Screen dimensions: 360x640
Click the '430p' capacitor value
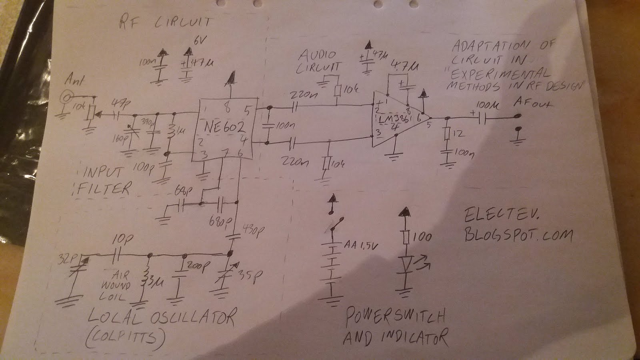tap(252, 231)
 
